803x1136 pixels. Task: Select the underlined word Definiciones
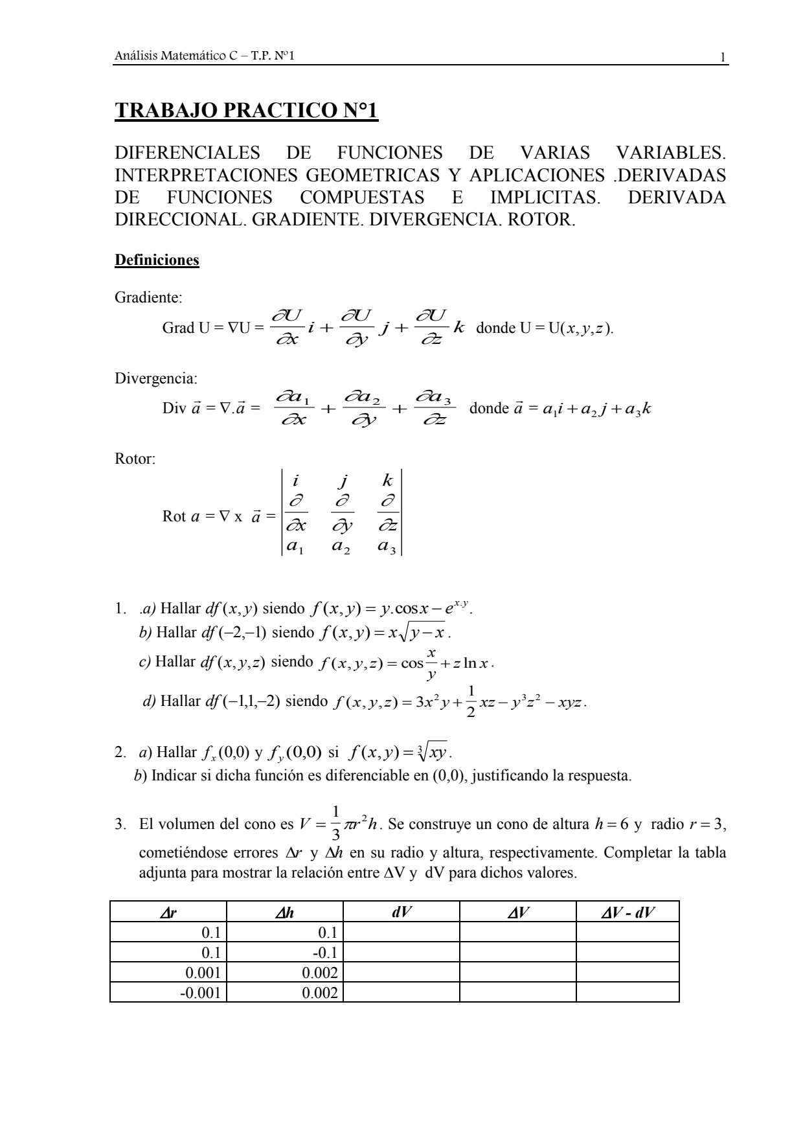157,260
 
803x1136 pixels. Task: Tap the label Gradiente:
148,298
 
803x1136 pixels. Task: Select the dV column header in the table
401,912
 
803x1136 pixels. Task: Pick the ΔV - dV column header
627,912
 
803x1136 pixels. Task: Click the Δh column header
284,912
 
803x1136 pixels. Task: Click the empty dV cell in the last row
401,992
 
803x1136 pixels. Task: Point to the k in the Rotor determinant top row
387,481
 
